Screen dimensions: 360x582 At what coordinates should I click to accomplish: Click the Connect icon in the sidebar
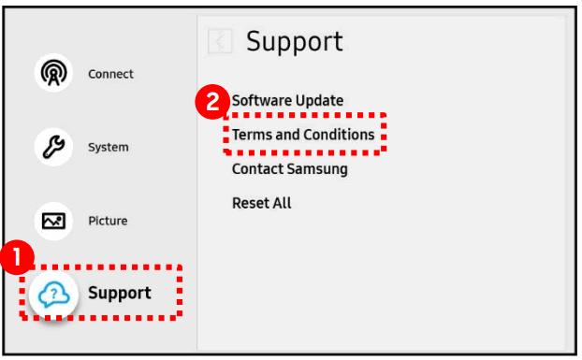pos(52,74)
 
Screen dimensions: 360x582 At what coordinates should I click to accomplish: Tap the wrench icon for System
pos(52,147)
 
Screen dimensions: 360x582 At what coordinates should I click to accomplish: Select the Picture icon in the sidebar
pos(52,221)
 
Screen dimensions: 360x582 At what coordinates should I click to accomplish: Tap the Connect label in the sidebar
pos(110,74)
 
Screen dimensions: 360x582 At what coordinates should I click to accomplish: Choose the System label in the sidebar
pos(109,147)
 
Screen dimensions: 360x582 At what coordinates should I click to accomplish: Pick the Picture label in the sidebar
pos(108,221)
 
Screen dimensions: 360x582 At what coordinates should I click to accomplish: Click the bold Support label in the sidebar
pos(120,294)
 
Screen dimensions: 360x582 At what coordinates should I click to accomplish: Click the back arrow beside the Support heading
pos(220,41)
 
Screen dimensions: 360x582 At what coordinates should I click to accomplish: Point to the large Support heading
pos(294,41)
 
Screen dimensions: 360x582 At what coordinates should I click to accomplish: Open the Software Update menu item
pos(288,100)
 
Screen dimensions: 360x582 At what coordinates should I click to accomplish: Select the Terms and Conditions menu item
pos(303,135)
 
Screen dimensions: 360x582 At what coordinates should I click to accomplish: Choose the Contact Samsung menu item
pos(290,169)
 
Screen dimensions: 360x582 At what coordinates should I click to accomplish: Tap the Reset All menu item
pos(262,203)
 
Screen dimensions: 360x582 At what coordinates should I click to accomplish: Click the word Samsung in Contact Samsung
pos(317,169)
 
